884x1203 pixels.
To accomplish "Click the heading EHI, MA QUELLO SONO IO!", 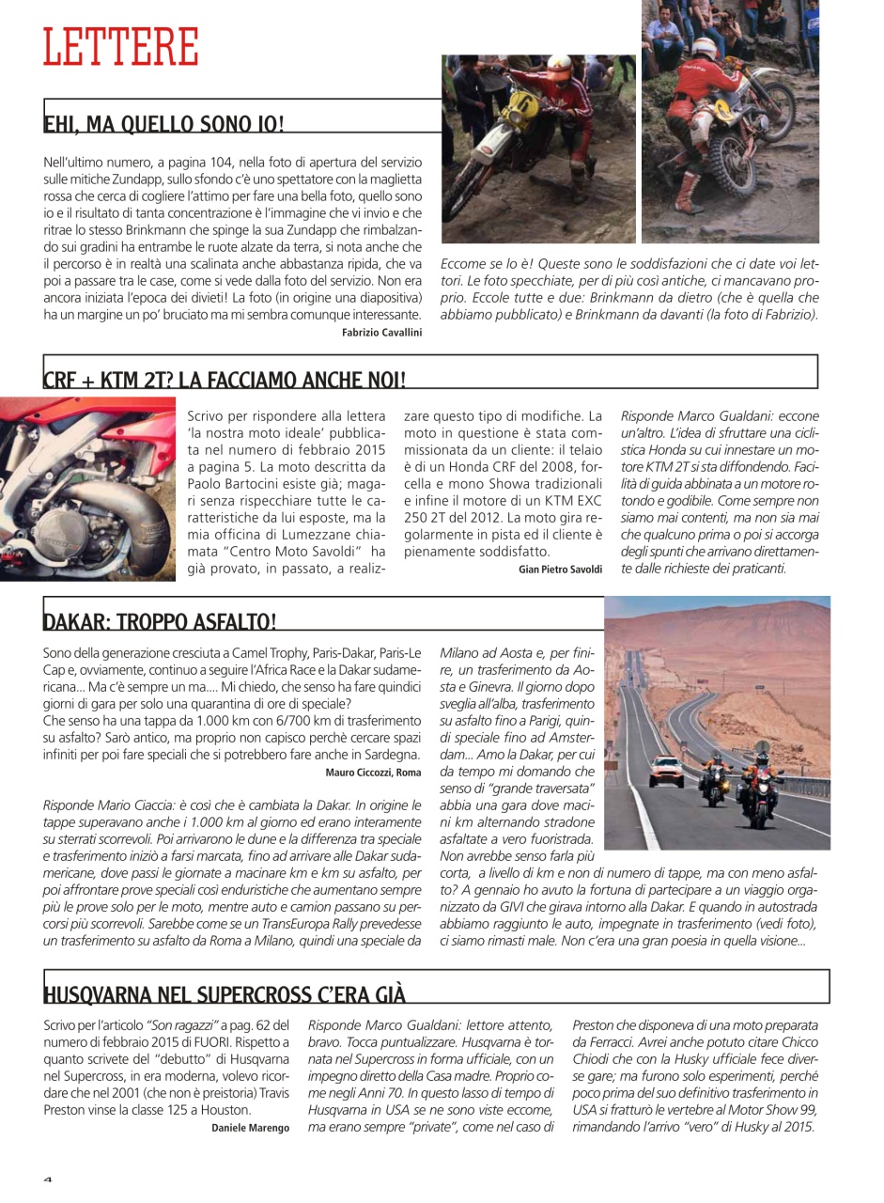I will (163, 124).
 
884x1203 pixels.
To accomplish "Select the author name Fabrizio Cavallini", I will (381, 333).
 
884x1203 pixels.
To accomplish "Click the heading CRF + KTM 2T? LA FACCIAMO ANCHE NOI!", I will (225, 380).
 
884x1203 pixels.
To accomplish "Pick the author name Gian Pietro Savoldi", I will (560, 570).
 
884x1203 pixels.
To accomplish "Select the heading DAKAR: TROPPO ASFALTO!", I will (160, 621).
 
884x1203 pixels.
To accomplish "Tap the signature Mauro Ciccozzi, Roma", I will (373, 773).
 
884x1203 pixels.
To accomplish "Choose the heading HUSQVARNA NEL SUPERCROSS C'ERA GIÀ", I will (225, 995).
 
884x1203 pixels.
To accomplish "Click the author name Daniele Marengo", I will (250, 1128).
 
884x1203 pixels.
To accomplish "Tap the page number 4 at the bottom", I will (48, 1180).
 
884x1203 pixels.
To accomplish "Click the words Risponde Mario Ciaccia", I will (102, 805).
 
